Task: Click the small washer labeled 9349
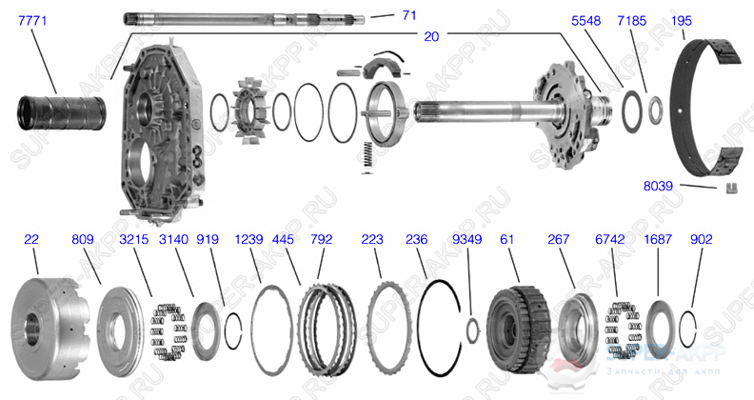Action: point(470,330)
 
